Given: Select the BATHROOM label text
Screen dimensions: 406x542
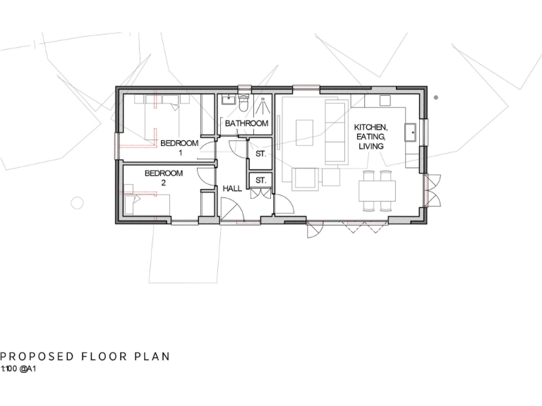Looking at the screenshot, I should pos(246,124).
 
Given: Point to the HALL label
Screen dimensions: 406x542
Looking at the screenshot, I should pos(232,190).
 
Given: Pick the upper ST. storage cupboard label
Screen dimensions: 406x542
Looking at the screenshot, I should pos(260,153).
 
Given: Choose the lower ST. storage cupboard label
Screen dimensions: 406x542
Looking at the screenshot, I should pos(260,180).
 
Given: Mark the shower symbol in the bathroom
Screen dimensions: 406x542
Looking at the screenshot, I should pos(263,106).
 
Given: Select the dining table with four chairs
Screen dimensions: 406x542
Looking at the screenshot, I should pos(377,190).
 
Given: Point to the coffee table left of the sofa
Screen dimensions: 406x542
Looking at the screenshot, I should pos(304,132).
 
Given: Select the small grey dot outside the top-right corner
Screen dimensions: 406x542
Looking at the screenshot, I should pos(436,97).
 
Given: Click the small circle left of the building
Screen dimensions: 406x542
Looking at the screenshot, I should pos(78,203).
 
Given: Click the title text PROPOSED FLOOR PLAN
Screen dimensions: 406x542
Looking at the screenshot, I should pos(85,357).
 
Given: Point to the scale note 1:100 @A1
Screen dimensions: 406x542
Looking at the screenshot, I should pos(18,369).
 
